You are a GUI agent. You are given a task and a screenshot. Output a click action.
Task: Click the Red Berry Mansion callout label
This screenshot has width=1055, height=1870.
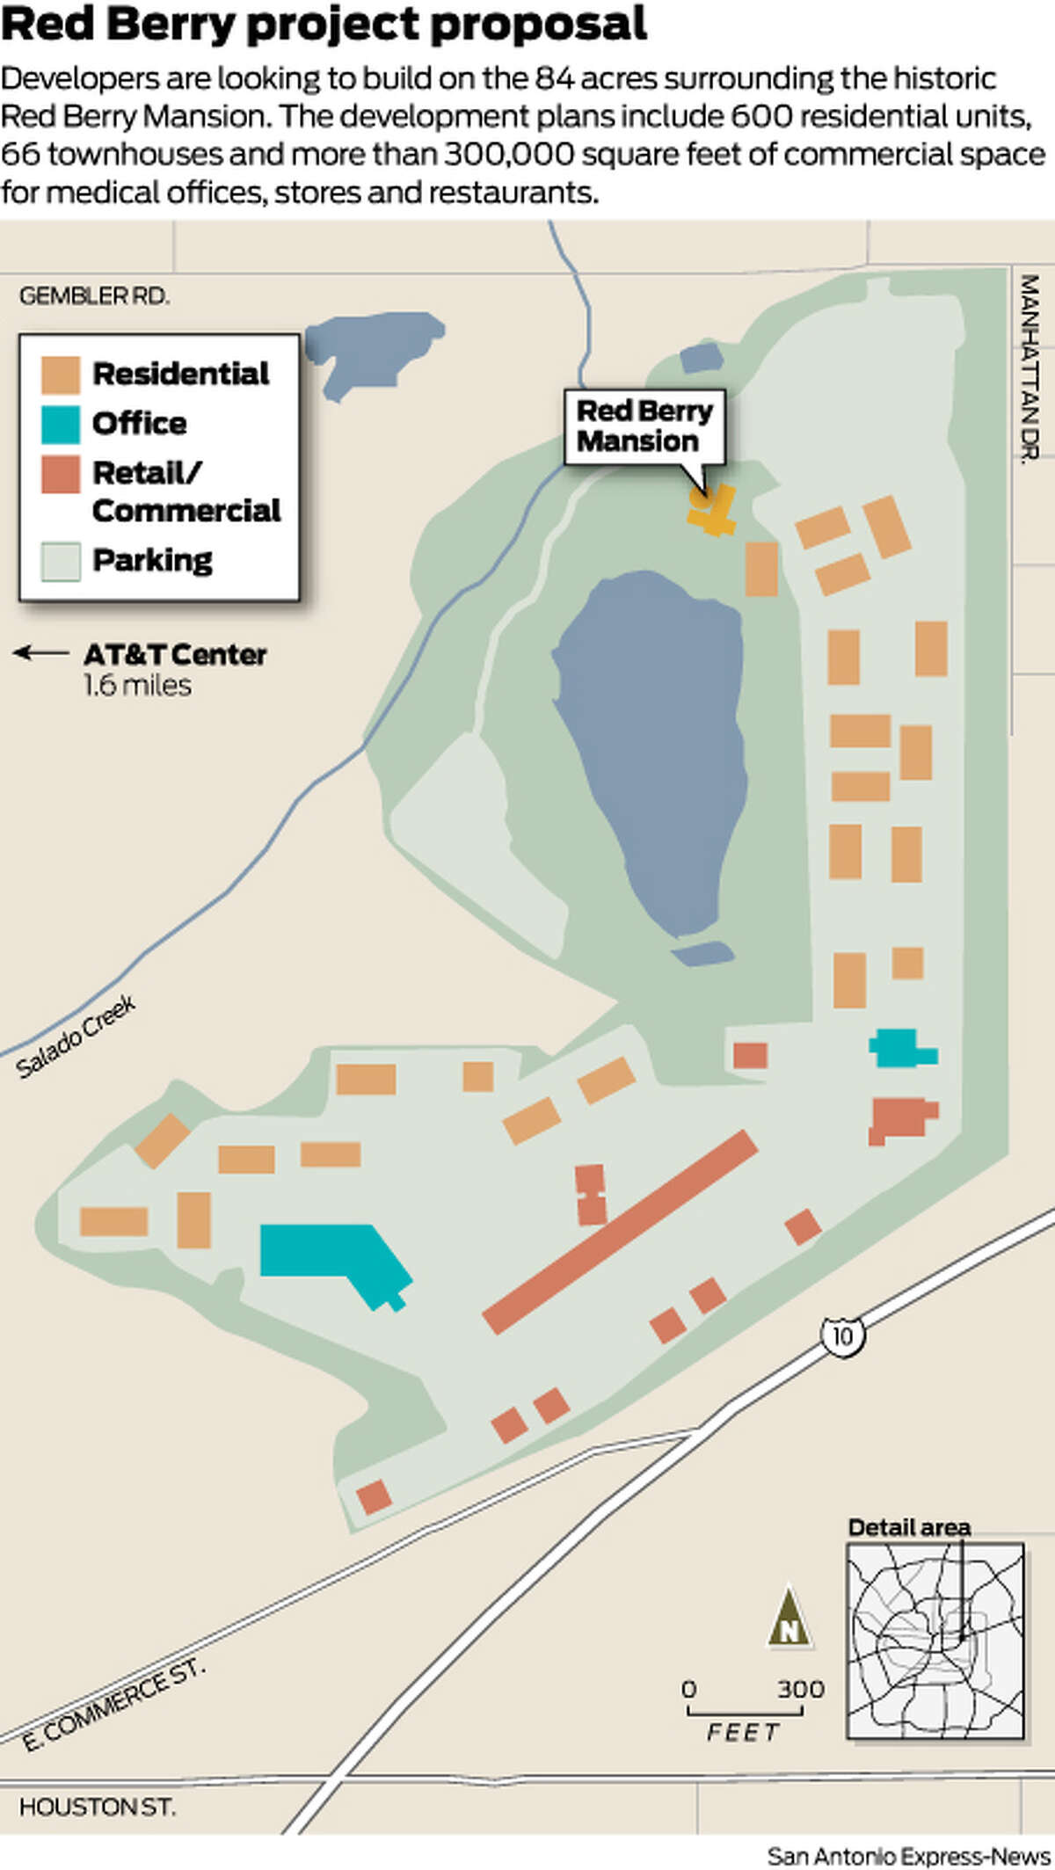click(x=644, y=426)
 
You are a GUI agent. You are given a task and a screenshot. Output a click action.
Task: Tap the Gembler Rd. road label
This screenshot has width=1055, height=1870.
click(x=94, y=296)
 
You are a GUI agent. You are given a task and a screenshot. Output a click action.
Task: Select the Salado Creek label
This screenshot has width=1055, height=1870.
click(x=76, y=1037)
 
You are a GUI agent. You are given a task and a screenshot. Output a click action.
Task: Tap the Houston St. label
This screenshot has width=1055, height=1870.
click(x=97, y=1808)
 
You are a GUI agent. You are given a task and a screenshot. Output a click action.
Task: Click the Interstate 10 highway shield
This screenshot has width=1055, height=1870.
click(x=842, y=1336)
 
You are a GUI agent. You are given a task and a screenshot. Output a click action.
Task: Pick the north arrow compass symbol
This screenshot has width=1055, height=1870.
click(x=789, y=1619)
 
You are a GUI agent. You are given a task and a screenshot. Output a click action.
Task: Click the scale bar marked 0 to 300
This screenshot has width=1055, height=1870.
click(x=745, y=1711)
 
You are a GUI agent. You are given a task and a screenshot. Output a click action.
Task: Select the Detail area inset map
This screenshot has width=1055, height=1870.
click(x=935, y=1641)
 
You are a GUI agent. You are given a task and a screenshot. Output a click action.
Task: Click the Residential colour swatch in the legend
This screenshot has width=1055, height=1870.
click(x=61, y=375)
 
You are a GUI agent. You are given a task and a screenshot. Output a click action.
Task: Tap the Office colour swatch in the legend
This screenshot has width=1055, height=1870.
click(x=61, y=424)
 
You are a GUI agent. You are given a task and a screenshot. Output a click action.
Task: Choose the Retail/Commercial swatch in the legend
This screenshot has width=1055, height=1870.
click(x=61, y=474)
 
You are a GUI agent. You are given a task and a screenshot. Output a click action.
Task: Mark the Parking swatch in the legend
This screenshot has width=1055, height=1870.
click(x=61, y=561)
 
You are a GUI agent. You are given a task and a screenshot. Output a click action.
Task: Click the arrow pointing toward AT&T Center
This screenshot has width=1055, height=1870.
click(x=40, y=653)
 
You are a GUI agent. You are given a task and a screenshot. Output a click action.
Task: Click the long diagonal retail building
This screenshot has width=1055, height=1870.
click(x=621, y=1233)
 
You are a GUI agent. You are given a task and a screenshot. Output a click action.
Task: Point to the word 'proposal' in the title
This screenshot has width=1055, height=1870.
click(x=538, y=24)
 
